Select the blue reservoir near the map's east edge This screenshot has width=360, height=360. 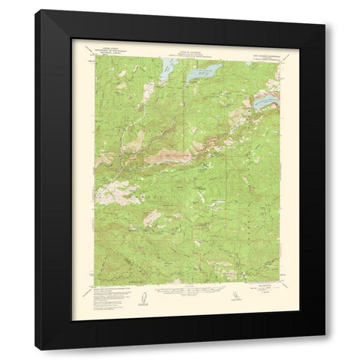(267, 100)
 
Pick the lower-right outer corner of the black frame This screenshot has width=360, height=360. (325, 349)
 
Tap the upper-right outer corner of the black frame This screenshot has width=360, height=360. (325, 10)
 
